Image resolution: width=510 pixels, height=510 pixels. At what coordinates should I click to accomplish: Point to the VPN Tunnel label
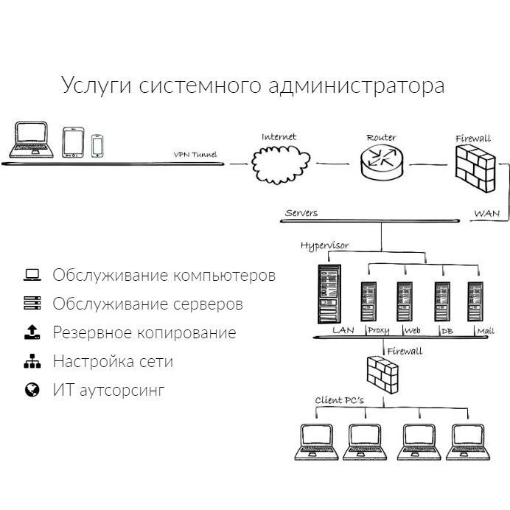pos(195,155)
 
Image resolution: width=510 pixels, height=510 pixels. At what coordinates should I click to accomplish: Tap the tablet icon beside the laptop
pos(73,142)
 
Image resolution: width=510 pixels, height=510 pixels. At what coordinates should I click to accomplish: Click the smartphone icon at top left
pos(97,144)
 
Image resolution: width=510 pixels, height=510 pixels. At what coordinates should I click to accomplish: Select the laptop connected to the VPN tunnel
pos(32,139)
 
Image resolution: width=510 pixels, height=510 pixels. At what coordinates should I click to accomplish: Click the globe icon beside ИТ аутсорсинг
pos(32,390)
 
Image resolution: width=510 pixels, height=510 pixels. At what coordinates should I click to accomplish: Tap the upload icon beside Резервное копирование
pos(32,332)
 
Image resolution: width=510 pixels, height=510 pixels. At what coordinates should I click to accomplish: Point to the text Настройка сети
pos(113,362)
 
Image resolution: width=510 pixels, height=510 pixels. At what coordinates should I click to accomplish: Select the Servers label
pos(301,213)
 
